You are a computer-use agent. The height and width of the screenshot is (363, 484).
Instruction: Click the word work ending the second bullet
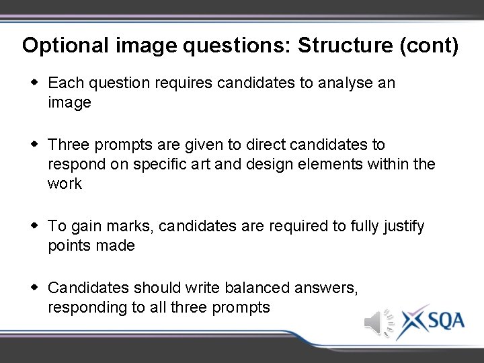(65, 184)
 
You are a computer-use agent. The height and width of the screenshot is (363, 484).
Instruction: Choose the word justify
(401, 226)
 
